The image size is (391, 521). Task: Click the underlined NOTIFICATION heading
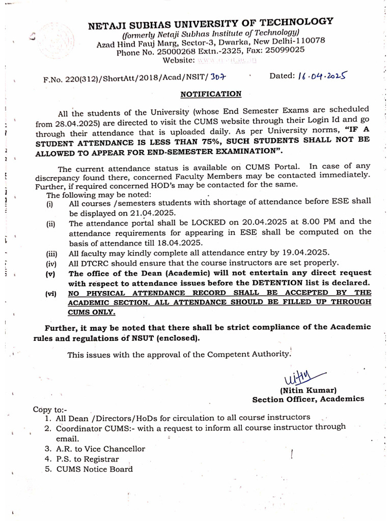tap(211, 94)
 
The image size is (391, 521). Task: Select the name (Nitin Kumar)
tap(308, 390)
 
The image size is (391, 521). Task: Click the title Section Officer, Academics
tap(308, 399)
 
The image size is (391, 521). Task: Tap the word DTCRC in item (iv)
tap(92, 263)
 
